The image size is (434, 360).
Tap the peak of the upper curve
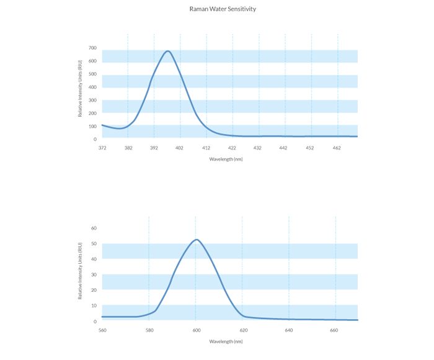[168, 51]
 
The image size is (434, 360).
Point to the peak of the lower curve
[196, 240]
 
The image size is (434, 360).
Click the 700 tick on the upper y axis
[92, 48]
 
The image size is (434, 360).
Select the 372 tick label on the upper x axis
[102, 148]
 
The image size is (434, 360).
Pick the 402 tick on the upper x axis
[180, 148]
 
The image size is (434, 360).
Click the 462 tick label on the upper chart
[337, 148]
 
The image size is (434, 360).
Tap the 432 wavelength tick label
[258, 148]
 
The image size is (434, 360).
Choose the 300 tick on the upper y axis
[92, 100]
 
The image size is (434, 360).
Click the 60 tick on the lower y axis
[94, 228]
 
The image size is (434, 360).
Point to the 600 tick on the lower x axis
[195, 330]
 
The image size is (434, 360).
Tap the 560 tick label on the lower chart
[102, 330]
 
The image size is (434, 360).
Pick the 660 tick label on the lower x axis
[335, 330]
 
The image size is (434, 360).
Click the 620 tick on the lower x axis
[242, 330]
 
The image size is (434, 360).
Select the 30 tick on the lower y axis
[94, 275]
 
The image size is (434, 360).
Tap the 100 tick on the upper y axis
[92, 127]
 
